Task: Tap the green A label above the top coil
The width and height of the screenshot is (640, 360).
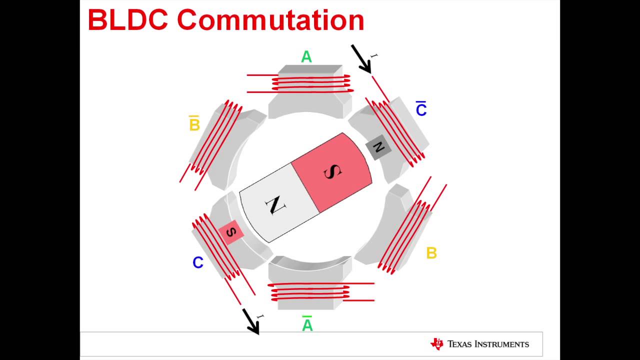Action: point(306,57)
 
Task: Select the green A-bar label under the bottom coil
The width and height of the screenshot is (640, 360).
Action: point(307,324)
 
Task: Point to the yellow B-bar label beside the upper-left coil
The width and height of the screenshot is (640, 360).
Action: point(194,123)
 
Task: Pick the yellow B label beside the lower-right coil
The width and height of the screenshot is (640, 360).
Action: point(431,253)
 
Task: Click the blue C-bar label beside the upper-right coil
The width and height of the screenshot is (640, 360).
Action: point(421,109)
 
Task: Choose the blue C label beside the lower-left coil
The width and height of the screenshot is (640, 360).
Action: point(198,263)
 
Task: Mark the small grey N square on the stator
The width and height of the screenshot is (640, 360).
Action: point(378,147)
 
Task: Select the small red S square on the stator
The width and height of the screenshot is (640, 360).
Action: point(231,232)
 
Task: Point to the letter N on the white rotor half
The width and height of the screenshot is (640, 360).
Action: point(274,205)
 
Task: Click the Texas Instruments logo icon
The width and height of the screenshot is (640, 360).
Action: point(436,343)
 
